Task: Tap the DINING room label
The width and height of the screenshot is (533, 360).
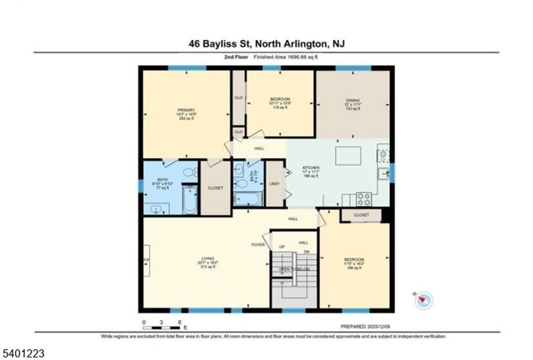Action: (x=352, y=101)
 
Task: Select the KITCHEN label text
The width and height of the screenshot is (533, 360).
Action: (x=310, y=167)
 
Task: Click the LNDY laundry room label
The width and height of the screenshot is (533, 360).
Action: (x=274, y=184)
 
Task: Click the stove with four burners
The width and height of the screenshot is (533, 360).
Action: (x=364, y=198)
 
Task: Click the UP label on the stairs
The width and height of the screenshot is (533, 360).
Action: (x=281, y=247)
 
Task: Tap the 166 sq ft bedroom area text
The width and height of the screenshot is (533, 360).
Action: (x=355, y=268)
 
